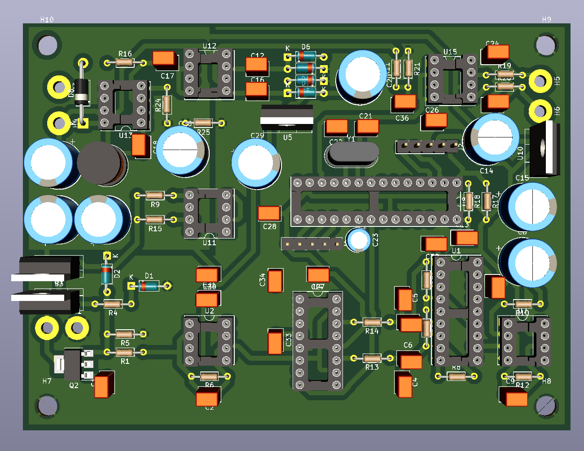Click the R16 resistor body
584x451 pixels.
point(125,62)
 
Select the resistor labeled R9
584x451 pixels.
point(155,195)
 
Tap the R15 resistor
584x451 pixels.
point(155,220)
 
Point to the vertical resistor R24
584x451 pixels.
point(167,105)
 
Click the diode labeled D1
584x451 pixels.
point(149,286)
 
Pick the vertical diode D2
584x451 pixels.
point(106,274)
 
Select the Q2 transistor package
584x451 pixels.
point(72,364)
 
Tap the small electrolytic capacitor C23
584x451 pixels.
point(358,239)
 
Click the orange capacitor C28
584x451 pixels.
point(269,213)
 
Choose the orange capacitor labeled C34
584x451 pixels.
point(275,280)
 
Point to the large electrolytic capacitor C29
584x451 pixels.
point(256,164)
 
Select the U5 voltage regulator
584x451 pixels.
point(287,118)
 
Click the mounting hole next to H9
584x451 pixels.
point(545,44)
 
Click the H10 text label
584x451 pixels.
point(47,19)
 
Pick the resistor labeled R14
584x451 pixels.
point(372,322)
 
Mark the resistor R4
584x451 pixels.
point(113,304)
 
